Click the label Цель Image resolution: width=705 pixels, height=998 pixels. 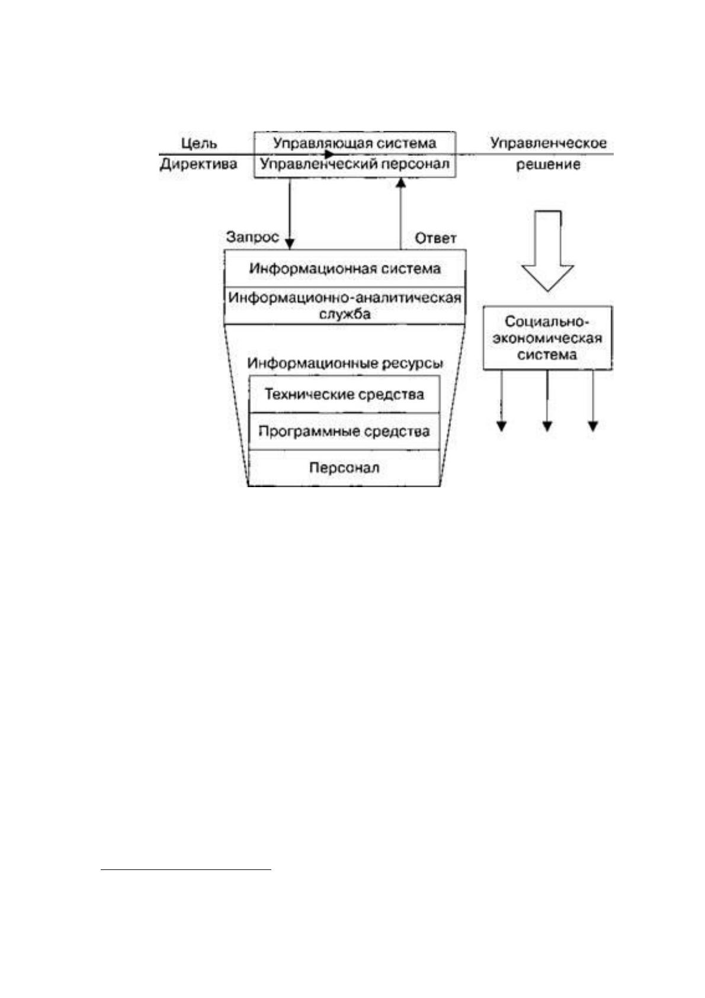[x=199, y=143]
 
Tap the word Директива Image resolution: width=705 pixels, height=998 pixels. [x=198, y=164]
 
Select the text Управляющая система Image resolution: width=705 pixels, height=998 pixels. [x=354, y=143]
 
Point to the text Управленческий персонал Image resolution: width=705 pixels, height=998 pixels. [x=354, y=164]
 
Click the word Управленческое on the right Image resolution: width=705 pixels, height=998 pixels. [x=548, y=143]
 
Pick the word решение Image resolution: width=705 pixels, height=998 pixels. [x=548, y=165]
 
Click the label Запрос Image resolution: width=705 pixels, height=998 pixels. [x=252, y=237]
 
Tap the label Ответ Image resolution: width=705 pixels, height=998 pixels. [x=435, y=238]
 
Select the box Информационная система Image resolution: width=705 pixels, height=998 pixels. [x=345, y=268]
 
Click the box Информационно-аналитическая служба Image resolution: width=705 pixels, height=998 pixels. [x=345, y=306]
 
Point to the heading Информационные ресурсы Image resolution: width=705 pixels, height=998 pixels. [x=345, y=363]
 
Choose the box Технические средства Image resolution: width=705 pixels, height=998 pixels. [x=344, y=394]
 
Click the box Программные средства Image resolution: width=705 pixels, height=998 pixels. [x=344, y=431]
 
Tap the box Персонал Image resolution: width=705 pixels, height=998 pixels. [x=344, y=468]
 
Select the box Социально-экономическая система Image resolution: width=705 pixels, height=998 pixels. [x=548, y=338]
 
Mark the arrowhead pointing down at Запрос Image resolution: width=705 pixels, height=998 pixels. [x=290, y=244]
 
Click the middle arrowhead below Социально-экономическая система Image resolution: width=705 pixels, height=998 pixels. [x=547, y=426]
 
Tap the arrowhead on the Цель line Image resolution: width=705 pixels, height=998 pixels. [x=329, y=154]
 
